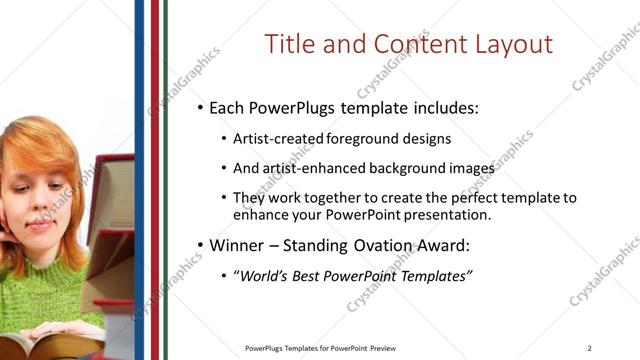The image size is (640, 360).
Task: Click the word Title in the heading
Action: (x=292, y=45)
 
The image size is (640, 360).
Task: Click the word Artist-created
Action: (x=275, y=139)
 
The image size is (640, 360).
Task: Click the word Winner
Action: (x=237, y=245)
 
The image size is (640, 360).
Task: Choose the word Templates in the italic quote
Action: (x=432, y=276)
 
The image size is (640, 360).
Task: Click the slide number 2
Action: (x=589, y=348)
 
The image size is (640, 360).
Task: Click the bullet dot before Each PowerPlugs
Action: (x=200, y=107)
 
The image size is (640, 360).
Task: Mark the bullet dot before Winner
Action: (x=200, y=246)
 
